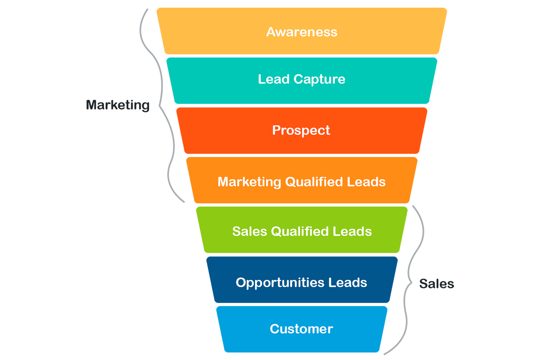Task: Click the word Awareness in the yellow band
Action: click(301, 32)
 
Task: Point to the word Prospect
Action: click(301, 130)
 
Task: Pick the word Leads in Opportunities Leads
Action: click(348, 283)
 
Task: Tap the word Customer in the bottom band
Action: click(301, 329)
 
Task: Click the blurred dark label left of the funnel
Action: click(118, 107)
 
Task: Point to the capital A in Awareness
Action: click(271, 32)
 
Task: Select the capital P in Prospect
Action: click(276, 130)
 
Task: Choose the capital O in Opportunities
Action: click(241, 283)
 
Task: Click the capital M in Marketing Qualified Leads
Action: click(224, 182)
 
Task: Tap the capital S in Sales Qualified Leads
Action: click(237, 231)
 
